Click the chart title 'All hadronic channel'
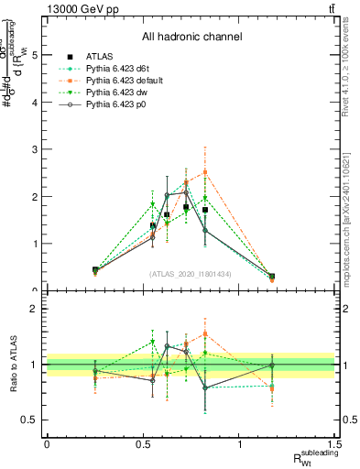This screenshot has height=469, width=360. point(191,37)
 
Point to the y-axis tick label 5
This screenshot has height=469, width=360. point(35,55)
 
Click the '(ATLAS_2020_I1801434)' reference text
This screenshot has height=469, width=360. point(191,274)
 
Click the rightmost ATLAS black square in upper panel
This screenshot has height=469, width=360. point(271,276)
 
